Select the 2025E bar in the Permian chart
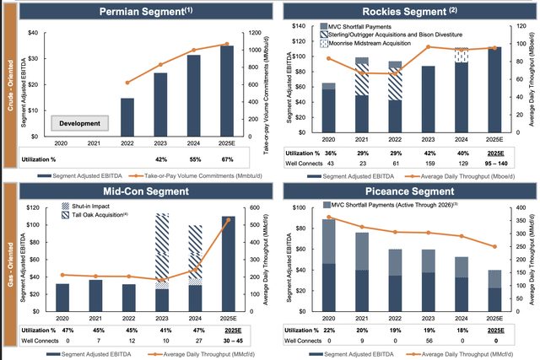pyautogui.click(x=226, y=90)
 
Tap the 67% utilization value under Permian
pyautogui.click(x=226, y=158)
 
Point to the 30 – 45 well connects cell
pyautogui.click(x=227, y=343)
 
